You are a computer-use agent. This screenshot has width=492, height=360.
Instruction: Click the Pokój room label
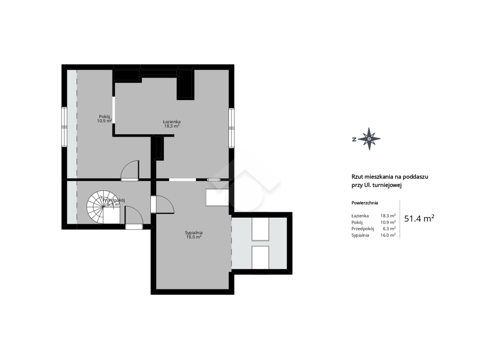point(104,117)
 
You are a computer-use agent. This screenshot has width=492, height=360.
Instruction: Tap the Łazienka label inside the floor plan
point(172,122)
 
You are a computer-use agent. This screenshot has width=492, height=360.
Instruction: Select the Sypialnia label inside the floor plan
point(194,233)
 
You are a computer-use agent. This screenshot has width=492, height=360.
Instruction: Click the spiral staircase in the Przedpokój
point(103,207)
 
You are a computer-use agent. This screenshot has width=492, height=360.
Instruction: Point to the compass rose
point(369,139)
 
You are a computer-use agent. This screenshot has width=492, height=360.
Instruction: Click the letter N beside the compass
point(354,139)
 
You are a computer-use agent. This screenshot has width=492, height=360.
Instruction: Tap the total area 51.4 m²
point(419,218)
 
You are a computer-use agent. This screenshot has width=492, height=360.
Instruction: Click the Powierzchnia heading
point(365,203)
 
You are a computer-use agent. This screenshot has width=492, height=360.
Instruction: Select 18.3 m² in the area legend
point(388,216)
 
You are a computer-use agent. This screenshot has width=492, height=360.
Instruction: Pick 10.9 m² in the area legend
point(388,222)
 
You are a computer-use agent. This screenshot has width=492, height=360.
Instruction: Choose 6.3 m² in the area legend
point(390,228)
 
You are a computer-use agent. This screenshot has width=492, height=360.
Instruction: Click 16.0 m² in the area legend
point(388,235)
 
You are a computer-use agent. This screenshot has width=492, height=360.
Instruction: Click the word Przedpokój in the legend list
point(363,229)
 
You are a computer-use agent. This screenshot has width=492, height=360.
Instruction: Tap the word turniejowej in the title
point(389,185)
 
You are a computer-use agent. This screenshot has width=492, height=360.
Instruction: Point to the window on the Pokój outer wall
point(64,127)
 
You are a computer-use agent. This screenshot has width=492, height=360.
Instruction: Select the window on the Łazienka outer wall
point(232,128)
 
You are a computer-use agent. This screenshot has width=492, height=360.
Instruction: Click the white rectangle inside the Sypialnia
point(217,197)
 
